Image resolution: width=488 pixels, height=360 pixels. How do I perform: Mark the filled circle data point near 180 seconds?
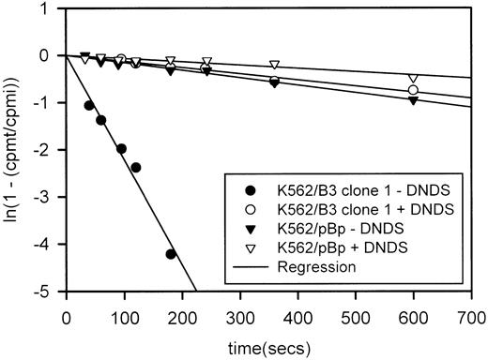click(x=171, y=254)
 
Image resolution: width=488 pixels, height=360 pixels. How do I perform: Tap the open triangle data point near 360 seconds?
click(x=274, y=65)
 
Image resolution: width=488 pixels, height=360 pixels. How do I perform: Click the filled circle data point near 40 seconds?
click(x=89, y=105)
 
